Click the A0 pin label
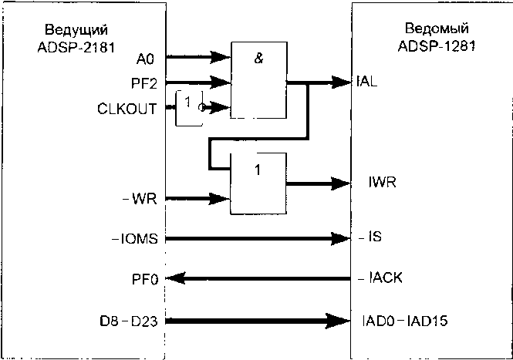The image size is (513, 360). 145,59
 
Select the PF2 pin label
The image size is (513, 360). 144,84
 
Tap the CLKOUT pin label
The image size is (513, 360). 127,109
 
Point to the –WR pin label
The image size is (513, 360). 140,198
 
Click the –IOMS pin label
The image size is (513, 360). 135,239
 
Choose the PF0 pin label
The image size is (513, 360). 145,280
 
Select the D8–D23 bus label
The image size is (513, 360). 129,321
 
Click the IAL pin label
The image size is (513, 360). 366,82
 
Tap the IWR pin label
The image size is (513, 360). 382,182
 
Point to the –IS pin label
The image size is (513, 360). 370,237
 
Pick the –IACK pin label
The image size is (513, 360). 380,278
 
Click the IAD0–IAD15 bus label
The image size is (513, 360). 405,321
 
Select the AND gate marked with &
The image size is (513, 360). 258,80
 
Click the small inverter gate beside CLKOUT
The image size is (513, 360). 190,108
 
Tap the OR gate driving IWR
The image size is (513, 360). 258,183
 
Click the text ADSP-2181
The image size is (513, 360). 76,48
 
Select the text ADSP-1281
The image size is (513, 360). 437,46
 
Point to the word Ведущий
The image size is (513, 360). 76,30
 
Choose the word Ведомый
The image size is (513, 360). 437,29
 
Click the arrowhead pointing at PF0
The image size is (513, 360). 176,278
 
